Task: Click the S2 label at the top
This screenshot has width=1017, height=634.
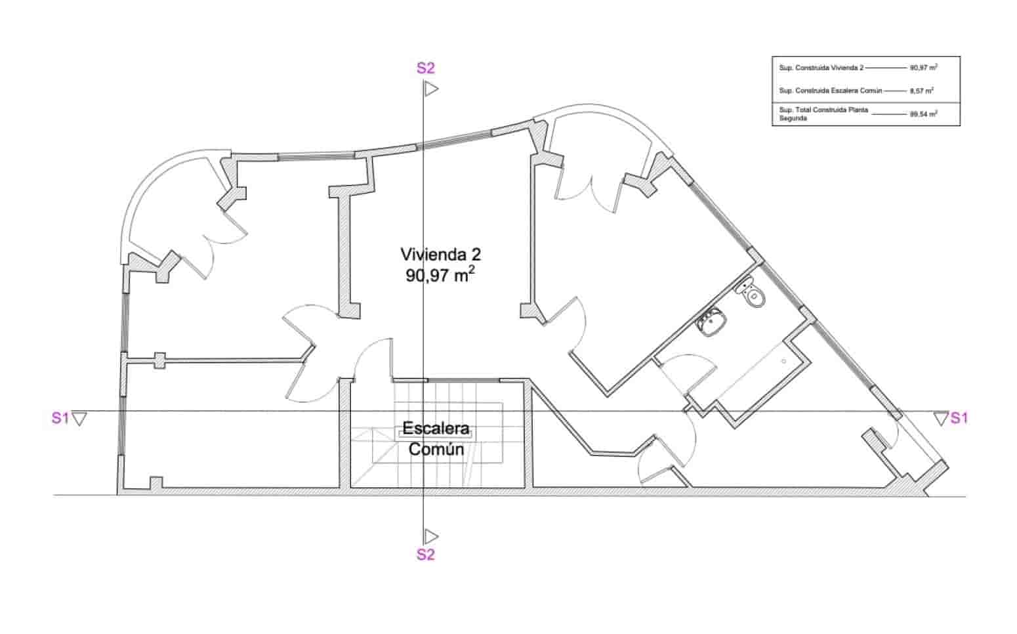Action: pyautogui.click(x=426, y=68)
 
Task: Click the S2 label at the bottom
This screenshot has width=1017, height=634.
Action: pyautogui.click(x=426, y=555)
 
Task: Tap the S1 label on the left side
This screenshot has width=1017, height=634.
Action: pyautogui.click(x=60, y=418)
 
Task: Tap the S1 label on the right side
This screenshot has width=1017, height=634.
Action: pyautogui.click(x=959, y=417)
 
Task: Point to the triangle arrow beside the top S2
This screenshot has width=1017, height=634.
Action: pyautogui.click(x=430, y=89)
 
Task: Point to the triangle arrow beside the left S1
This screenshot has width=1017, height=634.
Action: pyautogui.click(x=79, y=418)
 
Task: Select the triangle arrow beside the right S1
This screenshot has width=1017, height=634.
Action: pyautogui.click(x=941, y=418)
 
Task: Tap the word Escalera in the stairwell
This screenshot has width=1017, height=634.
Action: pyautogui.click(x=436, y=429)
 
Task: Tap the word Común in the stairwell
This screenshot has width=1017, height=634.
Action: pyautogui.click(x=436, y=450)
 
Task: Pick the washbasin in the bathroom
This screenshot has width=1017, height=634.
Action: pyautogui.click(x=712, y=322)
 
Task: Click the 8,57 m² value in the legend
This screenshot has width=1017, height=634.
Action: pyautogui.click(x=921, y=91)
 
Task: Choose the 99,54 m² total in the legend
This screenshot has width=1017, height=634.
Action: pyautogui.click(x=923, y=114)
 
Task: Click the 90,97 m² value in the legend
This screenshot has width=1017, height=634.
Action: pyautogui.click(x=923, y=68)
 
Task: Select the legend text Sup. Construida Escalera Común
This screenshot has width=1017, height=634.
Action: pyautogui.click(x=830, y=91)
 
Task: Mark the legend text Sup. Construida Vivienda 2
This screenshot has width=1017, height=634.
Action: pyautogui.click(x=821, y=68)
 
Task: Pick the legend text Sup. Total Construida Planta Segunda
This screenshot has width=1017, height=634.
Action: pyautogui.click(x=823, y=114)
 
